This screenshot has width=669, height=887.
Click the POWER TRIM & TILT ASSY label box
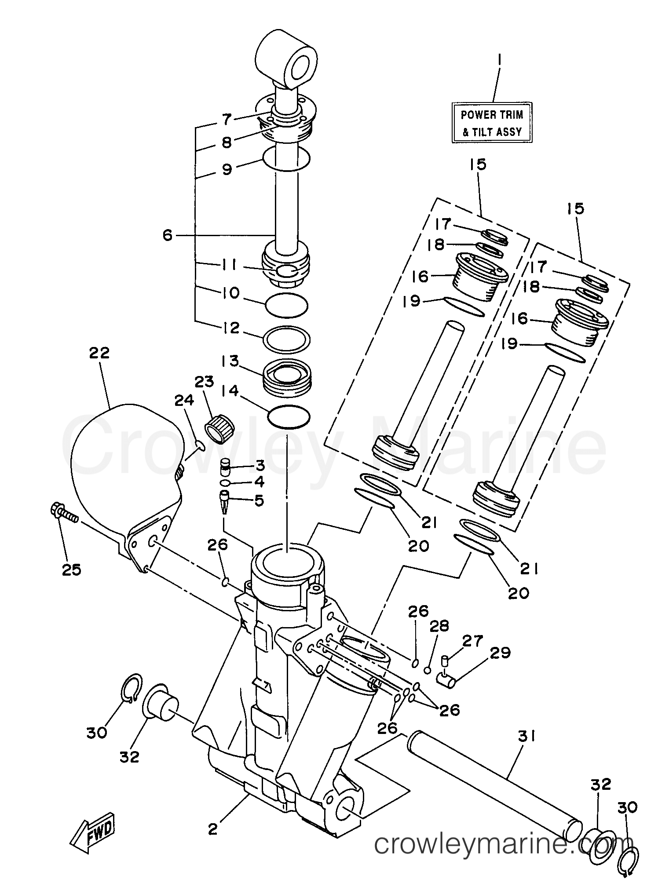tap(491, 123)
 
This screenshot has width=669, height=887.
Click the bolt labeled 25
tap(63, 514)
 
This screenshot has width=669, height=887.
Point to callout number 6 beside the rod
tap(168, 235)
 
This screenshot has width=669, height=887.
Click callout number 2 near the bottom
tap(212, 829)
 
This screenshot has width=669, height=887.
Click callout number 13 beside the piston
tap(230, 361)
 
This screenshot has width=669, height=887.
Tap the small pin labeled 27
tap(445, 660)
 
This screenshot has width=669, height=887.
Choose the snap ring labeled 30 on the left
tap(132, 690)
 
